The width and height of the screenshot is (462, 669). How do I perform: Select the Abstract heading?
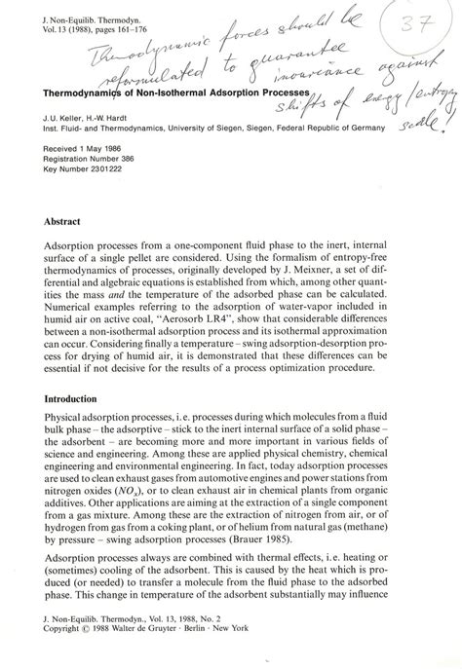point(61,221)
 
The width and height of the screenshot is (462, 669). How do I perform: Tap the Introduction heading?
point(72,399)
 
